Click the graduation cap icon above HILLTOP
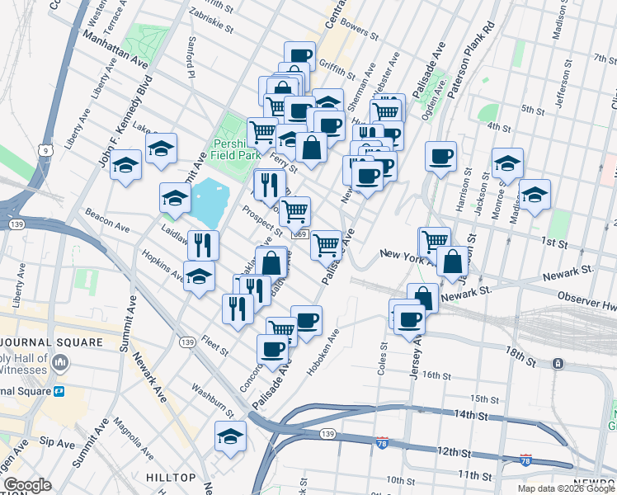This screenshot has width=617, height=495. [230, 436]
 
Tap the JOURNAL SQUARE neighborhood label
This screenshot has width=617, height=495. [51, 342]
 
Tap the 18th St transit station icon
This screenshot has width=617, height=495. [558, 363]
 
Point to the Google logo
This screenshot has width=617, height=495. [27, 485]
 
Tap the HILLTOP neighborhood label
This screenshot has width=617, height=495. [171, 478]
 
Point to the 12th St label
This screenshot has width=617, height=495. [454, 453]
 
